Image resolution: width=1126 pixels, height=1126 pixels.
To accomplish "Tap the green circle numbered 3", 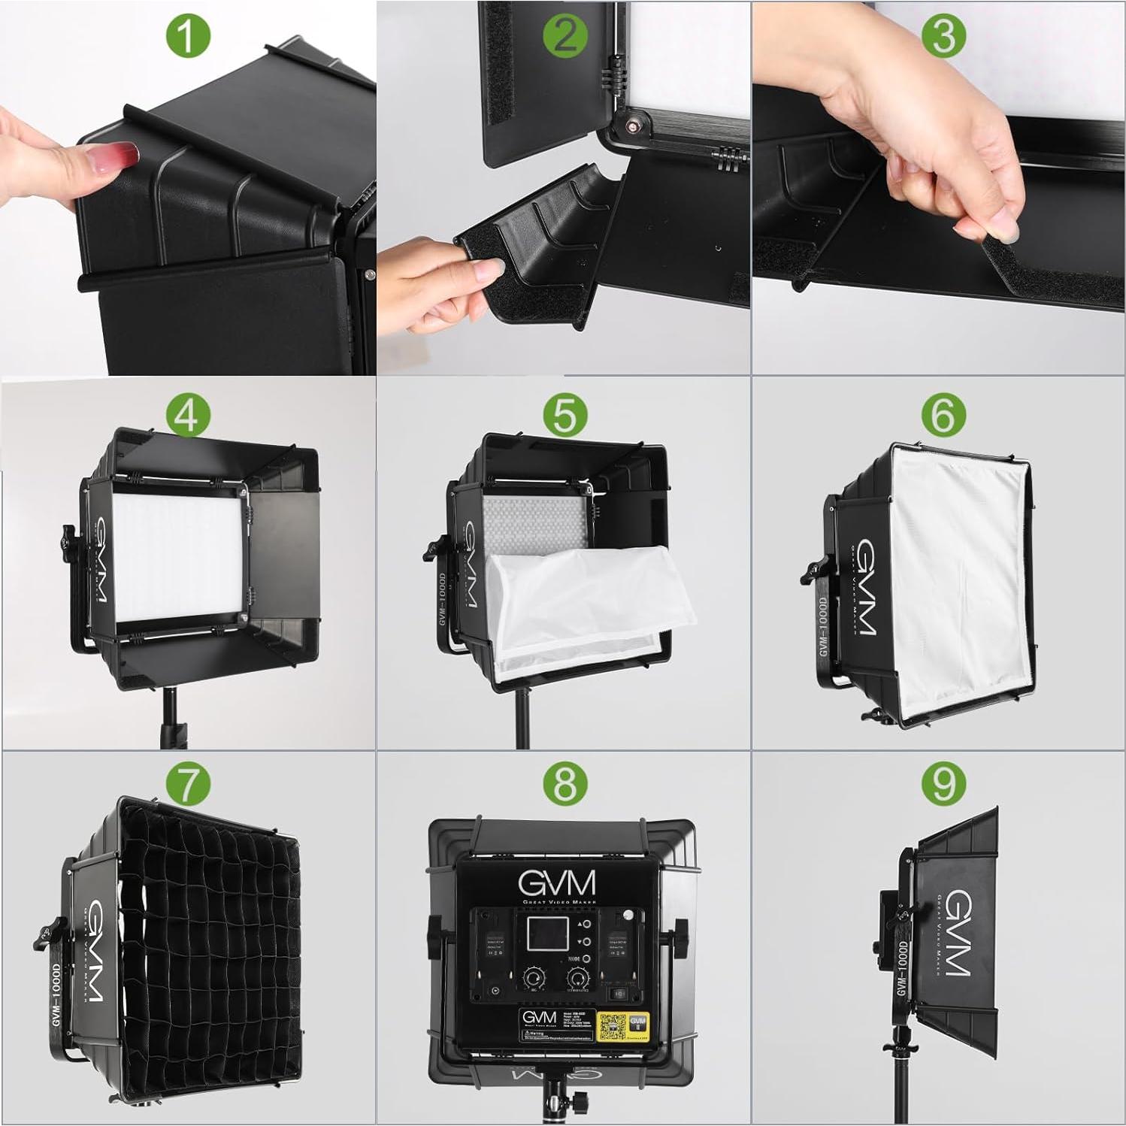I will [x=943, y=35].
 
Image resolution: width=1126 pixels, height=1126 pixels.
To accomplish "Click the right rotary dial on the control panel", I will [x=577, y=979].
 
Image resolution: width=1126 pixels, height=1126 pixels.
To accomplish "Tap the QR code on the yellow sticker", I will [x=612, y=1024].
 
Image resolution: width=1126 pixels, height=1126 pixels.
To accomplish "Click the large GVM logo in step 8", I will [x=558, y=882].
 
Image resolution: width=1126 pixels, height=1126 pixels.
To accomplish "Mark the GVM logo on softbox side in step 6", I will [x=864, y=586].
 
